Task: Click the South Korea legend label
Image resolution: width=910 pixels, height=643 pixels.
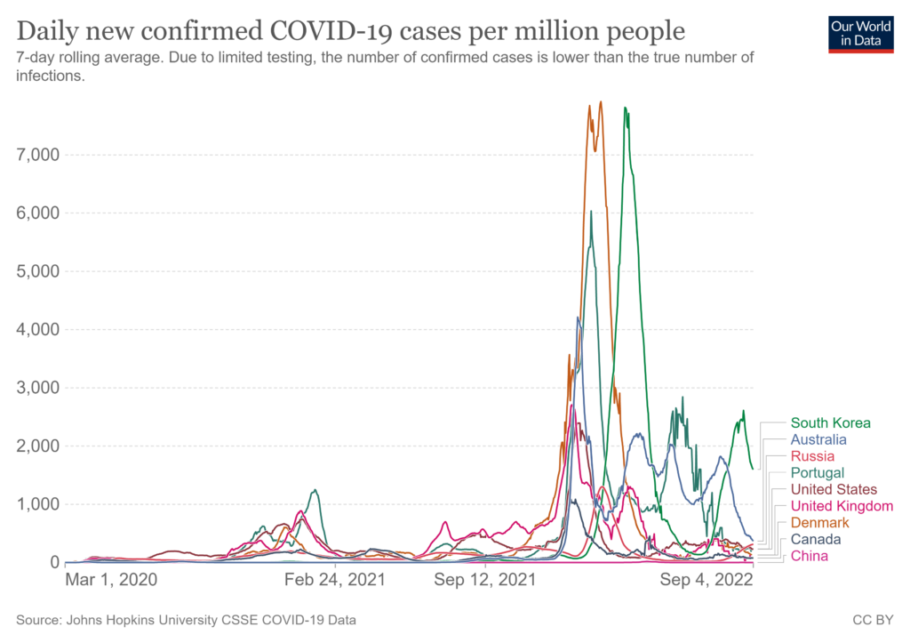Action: point(830,423)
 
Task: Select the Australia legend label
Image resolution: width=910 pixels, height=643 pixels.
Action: point(818,439)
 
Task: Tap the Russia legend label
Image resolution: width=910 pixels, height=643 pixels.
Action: point(812,456)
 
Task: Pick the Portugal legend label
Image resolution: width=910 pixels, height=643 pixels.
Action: point(818,473)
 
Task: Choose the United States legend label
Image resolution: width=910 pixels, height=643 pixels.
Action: point(834,490)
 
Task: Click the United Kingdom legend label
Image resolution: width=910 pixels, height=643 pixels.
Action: point(842,506)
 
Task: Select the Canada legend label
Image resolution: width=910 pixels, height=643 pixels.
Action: point(816,539)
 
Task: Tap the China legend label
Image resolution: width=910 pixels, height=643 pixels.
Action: point(810,556)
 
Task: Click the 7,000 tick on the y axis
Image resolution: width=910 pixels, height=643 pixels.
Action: point(37,155)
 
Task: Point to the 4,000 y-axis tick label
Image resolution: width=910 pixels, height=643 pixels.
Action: point(37,329)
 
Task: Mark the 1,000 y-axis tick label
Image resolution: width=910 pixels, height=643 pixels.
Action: point(37,504)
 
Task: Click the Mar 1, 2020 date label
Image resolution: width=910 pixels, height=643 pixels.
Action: point(111,580)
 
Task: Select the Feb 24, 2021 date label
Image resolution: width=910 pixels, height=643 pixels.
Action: point(335,580)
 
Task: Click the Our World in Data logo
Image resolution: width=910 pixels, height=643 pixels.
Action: point(860,33)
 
